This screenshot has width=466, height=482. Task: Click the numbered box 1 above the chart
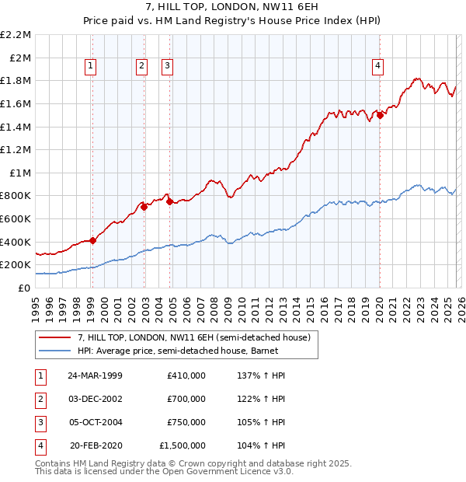pyautogui.click(x=92, y=67)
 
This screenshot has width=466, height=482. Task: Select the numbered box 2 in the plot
pyautogui.click(x=141, y=67)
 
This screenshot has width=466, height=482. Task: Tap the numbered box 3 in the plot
pyautogui.click(x=167, y=67)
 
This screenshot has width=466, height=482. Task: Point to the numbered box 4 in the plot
pyautogui.click(x=377, y=67)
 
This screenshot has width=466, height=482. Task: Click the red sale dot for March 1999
pyautogui.click(x=92, y=240)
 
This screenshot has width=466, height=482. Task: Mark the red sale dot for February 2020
pyautogui.click(x=380, y=115)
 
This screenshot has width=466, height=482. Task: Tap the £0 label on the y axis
pyautogui.click(x=24, y=288)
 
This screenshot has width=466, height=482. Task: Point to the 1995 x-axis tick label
pyautogui.click(x=36, y=308)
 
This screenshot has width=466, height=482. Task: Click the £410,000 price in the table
pyautogui.click(x=186, y=375)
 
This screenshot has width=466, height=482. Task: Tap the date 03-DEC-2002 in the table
pyautogui.click(x=96, y=399)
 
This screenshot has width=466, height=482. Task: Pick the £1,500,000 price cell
pyautogui.click(x=183, y=446)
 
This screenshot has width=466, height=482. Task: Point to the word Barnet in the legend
pyautogui.click(x=297, y=351)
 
